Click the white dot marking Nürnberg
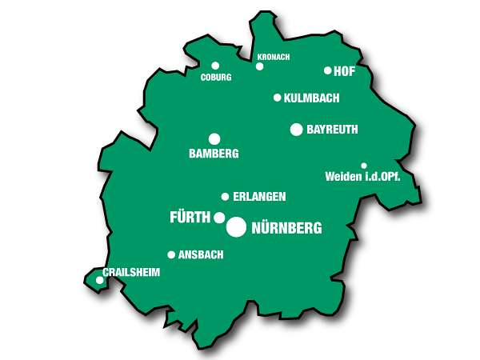(236, 227)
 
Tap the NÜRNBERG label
(286, 228)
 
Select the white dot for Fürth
(219, 218)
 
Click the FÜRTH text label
(190, 218)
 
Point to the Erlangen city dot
(225, 197)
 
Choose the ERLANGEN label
(259, 197)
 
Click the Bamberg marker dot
(214, 139)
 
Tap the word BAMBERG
(214, 154)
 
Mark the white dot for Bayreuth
(297, 130)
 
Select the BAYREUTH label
(332, 130)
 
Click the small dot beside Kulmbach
(278, 98)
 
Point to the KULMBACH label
(312, 98)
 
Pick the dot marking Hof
(328, 70)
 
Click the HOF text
(344, 71)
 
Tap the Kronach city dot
(259, 66)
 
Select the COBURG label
(216, 78)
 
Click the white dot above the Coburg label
(215, 66)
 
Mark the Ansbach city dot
(171, 255)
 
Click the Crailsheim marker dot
(100, 280)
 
